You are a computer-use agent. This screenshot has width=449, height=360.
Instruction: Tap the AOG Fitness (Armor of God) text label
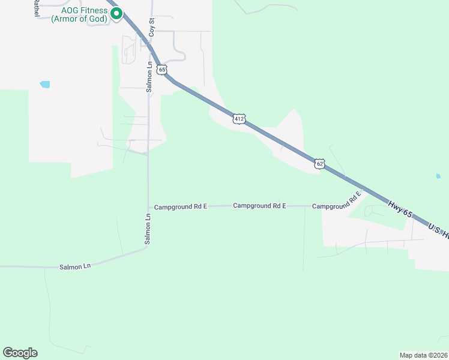pos(79,14)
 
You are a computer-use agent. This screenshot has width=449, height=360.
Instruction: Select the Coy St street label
pos(152,28)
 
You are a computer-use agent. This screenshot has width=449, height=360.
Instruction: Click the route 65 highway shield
pos(161,70)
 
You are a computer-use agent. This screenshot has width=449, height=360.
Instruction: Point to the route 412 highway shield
pos(240,119)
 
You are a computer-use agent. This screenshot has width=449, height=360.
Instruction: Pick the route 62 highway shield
pos(320,164)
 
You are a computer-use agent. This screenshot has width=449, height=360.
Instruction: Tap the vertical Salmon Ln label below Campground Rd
pos(148,228)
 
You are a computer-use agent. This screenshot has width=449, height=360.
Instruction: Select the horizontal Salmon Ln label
pos(74,266)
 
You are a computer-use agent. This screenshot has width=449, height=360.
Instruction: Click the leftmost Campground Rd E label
pos(180,206)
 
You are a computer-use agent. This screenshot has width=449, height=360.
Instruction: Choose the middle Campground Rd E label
pos(259,206)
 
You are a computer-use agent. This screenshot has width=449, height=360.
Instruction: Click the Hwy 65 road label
pos(400,209)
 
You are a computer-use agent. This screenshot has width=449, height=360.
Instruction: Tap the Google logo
pos(20,353)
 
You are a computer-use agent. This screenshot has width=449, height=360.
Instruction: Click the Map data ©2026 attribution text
pos(423,355)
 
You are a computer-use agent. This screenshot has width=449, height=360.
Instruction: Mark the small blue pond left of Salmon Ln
pos(44,85)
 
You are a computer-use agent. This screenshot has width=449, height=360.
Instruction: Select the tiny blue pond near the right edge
pos(438,176)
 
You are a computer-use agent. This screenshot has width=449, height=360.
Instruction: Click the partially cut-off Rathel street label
pos(36,8)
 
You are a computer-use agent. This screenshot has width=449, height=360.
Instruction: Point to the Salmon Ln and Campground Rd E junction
pos(148,206)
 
